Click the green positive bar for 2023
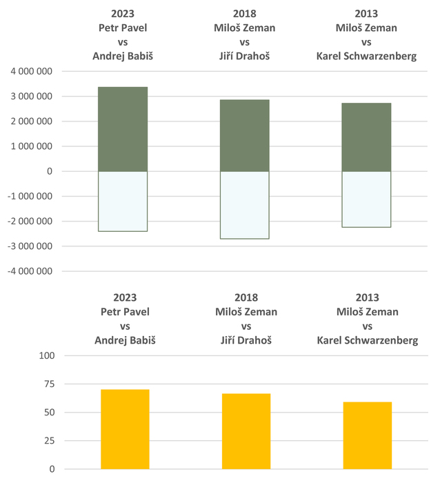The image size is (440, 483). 123,129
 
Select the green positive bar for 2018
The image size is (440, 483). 245,135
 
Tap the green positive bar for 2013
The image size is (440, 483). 366,137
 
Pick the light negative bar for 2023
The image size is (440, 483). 123,201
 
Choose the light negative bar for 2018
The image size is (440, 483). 245,205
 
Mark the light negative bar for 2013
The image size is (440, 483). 366,199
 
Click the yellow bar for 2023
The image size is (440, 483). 125,429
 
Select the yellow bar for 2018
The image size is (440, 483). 246,431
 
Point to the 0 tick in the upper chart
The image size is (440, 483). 50,171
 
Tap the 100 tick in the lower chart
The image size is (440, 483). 47,356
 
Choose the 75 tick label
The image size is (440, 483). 49,384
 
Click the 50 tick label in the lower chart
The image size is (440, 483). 49,413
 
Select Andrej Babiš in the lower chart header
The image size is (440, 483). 123,339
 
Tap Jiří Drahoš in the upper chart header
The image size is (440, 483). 245,56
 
